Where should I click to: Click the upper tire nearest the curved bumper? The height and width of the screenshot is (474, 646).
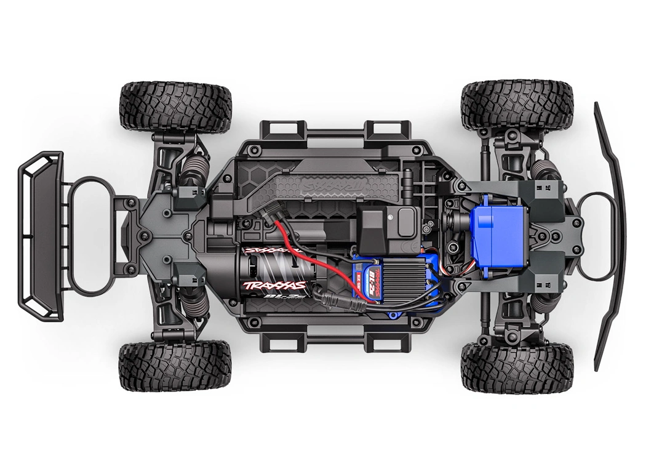517,105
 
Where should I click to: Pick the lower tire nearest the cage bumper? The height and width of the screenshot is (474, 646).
175,367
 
